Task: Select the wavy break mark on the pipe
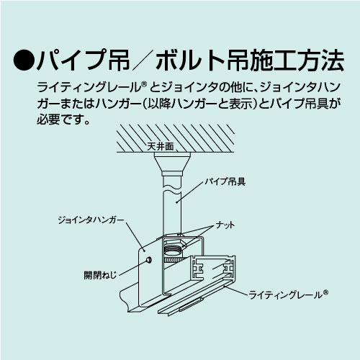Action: (171, 189)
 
